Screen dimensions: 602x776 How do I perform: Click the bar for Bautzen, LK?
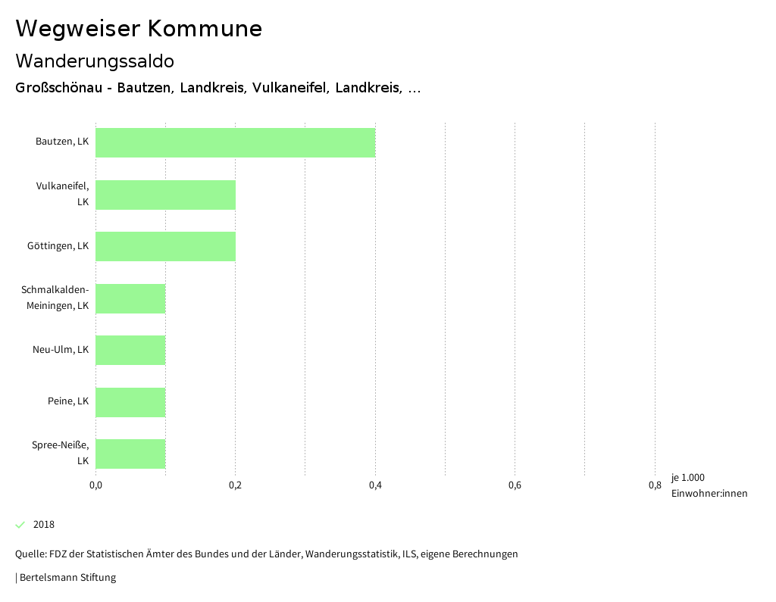[x=235, y=142]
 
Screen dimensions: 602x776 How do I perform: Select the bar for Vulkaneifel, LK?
[x=165, y=195]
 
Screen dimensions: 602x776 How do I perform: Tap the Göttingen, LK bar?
[x=165, y=246]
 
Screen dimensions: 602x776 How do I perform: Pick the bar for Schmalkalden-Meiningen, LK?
[x=130, y=298]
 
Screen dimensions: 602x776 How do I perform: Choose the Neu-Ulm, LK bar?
[x=130, y=350]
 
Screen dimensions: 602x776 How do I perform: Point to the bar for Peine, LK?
[x=130, y=402]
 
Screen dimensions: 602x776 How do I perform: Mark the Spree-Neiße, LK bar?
[x=130, y=454]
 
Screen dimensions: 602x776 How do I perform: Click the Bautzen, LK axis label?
[x=62, y=142]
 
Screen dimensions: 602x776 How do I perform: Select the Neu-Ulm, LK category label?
[x=61, y=350]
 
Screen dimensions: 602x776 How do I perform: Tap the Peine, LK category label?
[x=68, y=401]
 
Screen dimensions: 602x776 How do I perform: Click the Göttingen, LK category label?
[x=58, y=246]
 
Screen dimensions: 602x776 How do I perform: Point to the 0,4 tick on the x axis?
[x=375, y=485]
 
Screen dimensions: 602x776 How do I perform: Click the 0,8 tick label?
[x=655, y=485]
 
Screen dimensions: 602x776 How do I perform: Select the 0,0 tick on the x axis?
[x=95, y=485]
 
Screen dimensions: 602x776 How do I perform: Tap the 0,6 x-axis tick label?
[x=515, y=485]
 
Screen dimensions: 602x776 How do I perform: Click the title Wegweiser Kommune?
[x=139, y=29]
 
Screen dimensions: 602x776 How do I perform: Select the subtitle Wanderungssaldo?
[x=95, y=61]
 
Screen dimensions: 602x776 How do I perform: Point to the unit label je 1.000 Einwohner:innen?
[x=709, y=485]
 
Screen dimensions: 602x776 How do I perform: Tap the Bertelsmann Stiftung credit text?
[x=67, y=578]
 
